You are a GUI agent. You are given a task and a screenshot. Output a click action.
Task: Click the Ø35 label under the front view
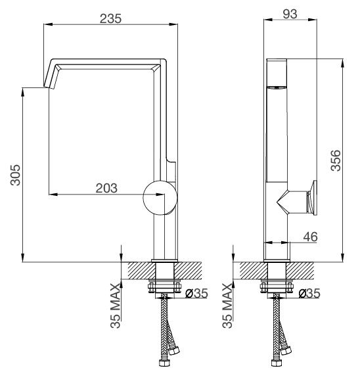[x=196, y=293]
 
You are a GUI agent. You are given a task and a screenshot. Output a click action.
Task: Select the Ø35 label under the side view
[x=309, y=293]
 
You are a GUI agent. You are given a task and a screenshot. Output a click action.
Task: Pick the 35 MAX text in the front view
[x=116, y=306]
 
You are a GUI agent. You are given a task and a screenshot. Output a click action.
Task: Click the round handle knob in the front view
[x=160, y=197]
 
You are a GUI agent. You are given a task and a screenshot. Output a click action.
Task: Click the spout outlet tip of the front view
[x=47, y=87]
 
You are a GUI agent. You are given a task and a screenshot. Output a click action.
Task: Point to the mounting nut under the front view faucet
[x=165, y=287]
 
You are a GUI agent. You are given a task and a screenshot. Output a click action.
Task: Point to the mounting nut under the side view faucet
[x=277, y=287]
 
